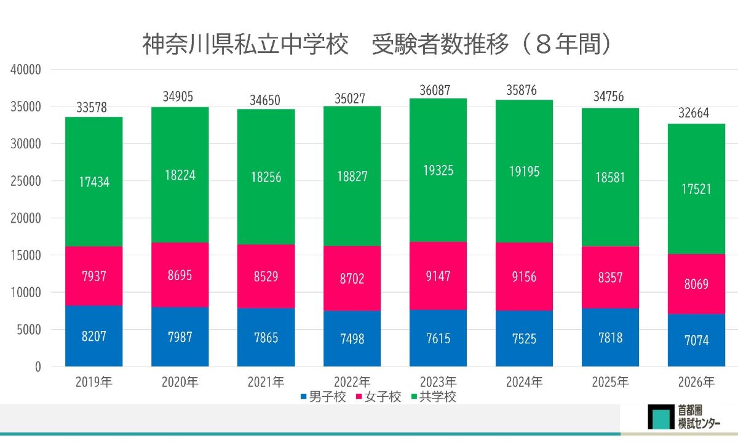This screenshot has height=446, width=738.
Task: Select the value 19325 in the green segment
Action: (x=438, y=170)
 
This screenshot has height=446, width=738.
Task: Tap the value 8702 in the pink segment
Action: (x=352, y=279)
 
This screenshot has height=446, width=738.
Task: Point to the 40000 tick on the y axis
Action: (x=26, y=70)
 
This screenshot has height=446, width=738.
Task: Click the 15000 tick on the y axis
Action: (x=26, y=255)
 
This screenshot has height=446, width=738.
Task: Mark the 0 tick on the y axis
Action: (x=38, y=367)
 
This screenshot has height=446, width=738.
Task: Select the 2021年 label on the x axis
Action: (x=266, y=382)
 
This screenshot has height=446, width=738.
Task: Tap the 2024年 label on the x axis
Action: (x=525, y=382)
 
